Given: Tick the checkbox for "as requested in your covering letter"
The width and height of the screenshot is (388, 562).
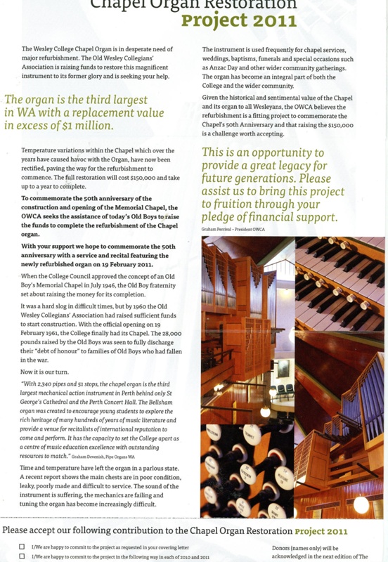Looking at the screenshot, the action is pyautogui.click(x=22, y=547).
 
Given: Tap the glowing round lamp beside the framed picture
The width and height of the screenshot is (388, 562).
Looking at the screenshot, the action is pyautogui.click(x=265, y=411).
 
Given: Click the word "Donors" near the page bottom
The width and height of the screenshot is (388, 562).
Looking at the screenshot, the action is pyautogui.click(x=284, y=547).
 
